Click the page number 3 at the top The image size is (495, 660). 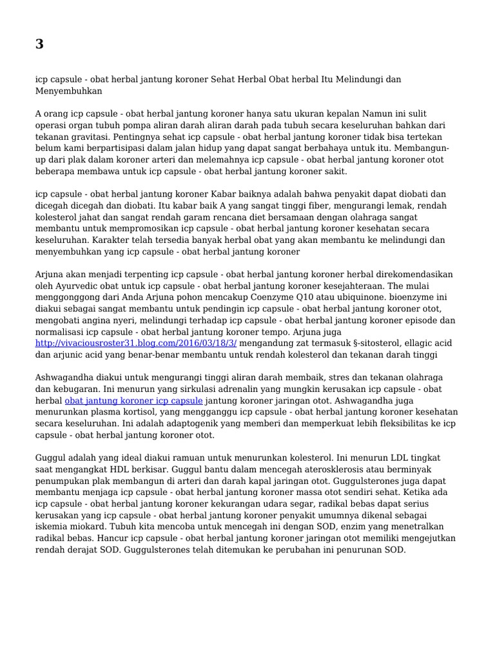point(40,44)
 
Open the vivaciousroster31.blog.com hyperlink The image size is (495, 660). point(136,344)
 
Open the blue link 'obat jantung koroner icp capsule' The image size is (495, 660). point(133,400)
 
